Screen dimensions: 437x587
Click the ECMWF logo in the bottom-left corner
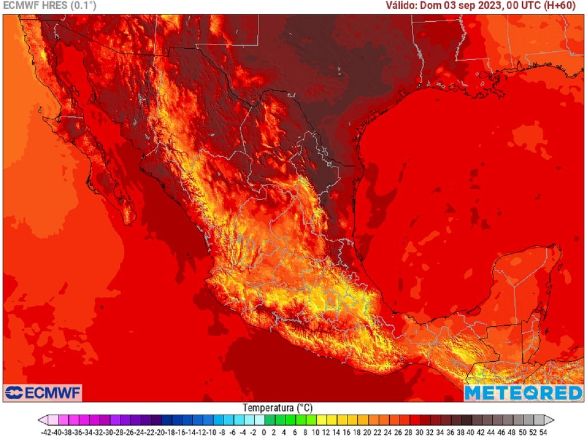pos(43,393)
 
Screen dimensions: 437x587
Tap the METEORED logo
pos(523,393)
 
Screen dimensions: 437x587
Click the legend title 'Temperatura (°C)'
pos(277,408)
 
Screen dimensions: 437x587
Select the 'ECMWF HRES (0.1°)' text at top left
pos(50,6)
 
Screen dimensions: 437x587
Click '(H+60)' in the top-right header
pos(567,6)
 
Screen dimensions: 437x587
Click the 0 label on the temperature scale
pos(263,431)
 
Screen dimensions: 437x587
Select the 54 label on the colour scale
pos(542,431)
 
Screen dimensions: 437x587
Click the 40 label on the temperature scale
pos(470,431)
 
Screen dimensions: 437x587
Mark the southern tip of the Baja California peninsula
pos(130,223)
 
